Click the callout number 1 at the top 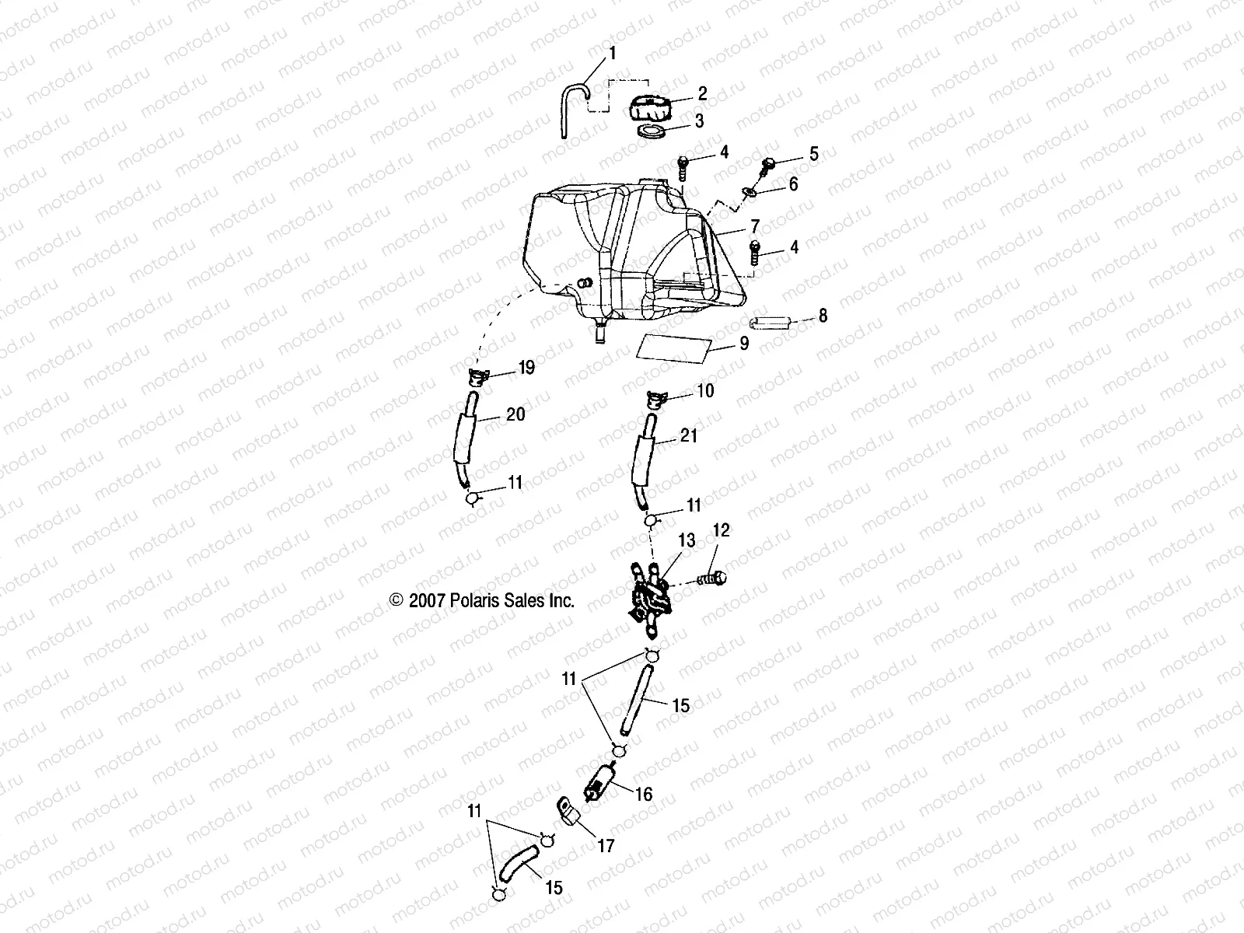click(x=612, y=54)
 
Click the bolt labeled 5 click(x=769, y=164)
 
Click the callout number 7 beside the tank click(x=753, y=225)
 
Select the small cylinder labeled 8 click(x=770, y=321)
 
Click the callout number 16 click(x=643, y=795)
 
